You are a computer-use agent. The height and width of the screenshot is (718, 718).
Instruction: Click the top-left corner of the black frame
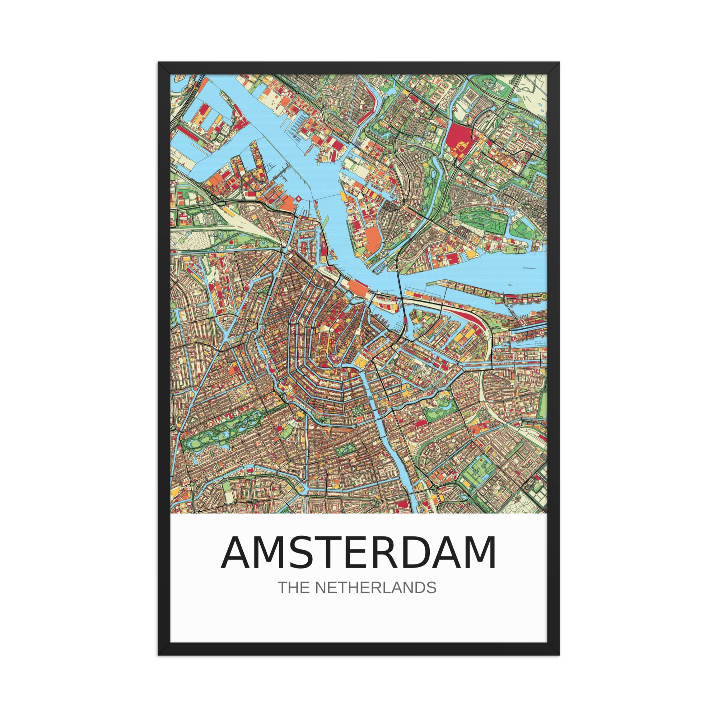pos(159,62)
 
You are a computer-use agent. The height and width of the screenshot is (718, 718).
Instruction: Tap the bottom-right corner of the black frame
pos(559,654)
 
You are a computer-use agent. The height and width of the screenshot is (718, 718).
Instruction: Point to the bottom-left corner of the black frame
pos(159,654)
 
